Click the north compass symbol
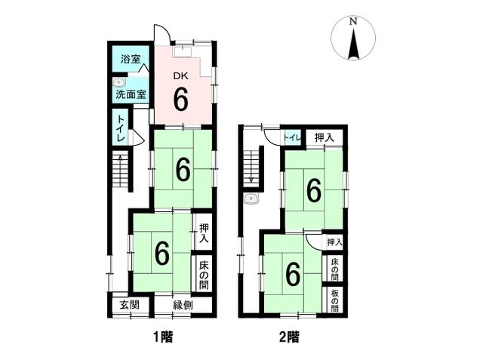tap(352, 38)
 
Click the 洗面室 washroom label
tap(131, 96)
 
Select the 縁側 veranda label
tap(184, 306)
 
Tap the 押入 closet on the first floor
tap(205, 233)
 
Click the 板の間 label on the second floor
tap(334, 298)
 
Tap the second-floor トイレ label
tap(292, 137)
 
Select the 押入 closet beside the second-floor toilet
tap(324, 137)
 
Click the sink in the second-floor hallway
tap(252, 200)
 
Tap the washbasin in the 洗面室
tap(117, 82)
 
